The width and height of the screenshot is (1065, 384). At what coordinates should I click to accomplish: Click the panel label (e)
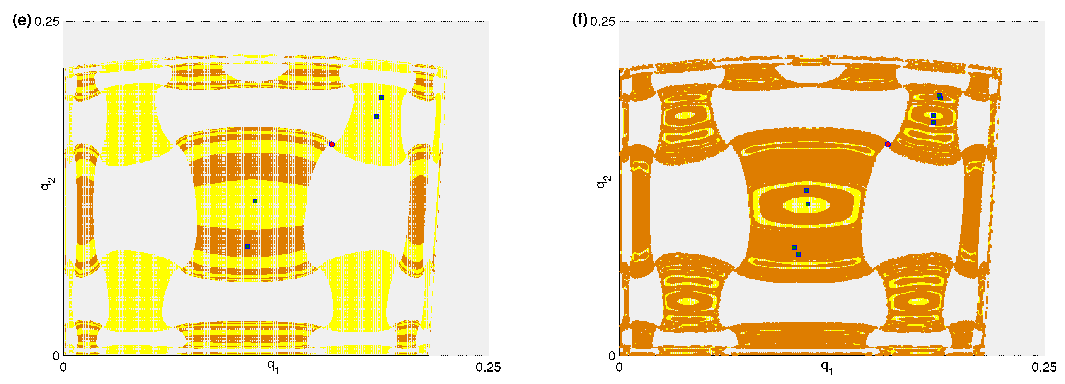(22, 20)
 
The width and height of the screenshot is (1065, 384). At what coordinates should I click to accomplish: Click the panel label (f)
(579, 20)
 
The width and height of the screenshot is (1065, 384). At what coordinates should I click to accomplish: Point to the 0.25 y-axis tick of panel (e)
(47, 22)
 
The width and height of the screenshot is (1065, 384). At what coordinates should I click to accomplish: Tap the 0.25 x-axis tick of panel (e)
(488, 367)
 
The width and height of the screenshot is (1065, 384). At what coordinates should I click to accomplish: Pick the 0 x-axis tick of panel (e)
(63, 367)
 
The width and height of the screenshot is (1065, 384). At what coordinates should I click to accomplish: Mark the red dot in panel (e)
(332, 144)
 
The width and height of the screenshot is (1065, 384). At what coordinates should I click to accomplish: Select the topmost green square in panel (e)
(381, 97)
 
